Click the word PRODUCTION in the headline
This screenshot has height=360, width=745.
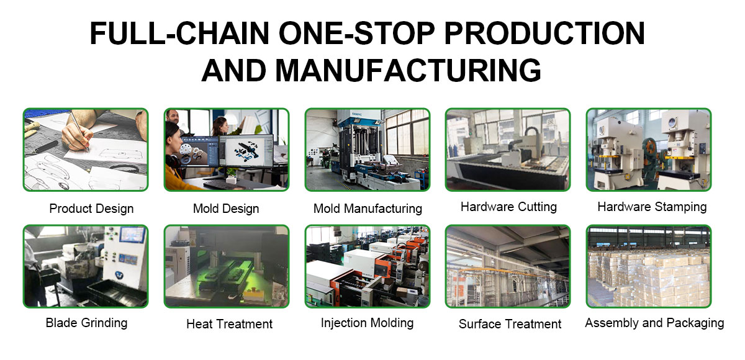point(544,33)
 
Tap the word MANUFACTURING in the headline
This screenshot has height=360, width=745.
point(408,70)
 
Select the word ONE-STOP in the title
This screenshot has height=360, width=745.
point(356,33)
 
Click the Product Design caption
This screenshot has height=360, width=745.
point(91,209)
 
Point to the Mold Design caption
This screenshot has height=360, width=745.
point(226,209)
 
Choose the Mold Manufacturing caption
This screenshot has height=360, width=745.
point(368,209)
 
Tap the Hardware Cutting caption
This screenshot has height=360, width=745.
point(508,207)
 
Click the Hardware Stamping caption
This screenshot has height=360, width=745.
point(652,207)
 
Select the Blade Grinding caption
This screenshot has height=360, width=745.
point(86,323)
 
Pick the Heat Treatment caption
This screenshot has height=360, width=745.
point(230,324)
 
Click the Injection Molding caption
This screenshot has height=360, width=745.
point(367,323)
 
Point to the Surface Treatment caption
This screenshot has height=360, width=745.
point(510,324)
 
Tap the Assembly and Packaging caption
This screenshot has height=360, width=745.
point(654,323)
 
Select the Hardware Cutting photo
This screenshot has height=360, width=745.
point(508,150)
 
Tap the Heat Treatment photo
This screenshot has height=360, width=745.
point(227,266)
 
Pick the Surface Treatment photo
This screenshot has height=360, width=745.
point(508,266)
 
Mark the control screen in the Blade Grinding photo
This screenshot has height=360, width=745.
point(132,235)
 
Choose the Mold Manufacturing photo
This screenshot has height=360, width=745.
point(367,150)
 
